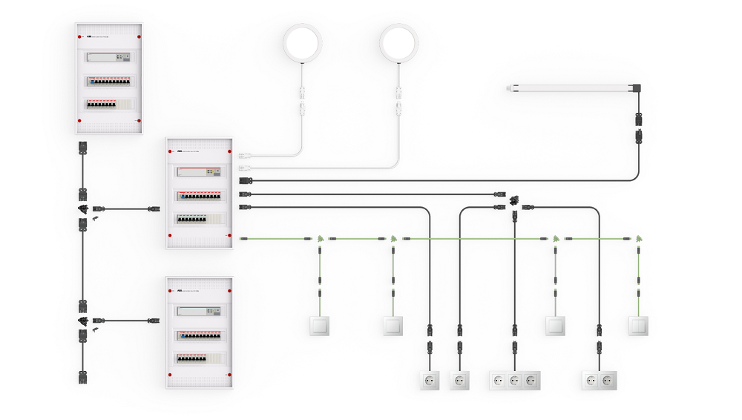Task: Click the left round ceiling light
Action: click(303, 43)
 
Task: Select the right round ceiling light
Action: click(399, 43)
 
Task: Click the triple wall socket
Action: click(514, 381)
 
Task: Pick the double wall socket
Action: click(600, 381)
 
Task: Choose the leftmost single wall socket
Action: click(429, 381)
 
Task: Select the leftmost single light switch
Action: click(320, 326)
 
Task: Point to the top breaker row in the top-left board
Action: click(108, 58)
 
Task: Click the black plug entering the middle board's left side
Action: click(154, 209)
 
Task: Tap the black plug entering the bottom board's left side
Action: click(154, 321)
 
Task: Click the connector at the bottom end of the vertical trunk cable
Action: click(83, 376)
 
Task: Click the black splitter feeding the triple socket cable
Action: click(514, 200)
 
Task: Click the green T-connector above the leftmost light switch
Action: click(320, 239)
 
